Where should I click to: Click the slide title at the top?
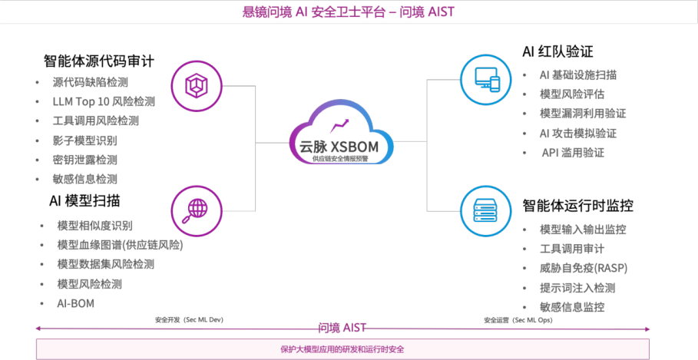click(349, 11)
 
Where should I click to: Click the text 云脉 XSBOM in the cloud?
click(340, 145)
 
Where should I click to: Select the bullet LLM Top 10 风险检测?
click(104, 101)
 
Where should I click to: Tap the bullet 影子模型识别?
click(84, 140)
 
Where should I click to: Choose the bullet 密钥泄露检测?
click(84, 160)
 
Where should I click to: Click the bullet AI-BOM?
click(75, 303)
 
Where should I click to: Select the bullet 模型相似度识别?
click(94, 226)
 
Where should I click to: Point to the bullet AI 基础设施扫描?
click(578, 75)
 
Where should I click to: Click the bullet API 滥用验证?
click(573, 153)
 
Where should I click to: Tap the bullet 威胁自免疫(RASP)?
click(584, 268)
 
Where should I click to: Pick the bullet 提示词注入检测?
click(577, 288)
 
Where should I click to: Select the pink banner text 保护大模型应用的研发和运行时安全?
click(342, 349)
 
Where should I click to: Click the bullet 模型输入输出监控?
click(583, 230)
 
